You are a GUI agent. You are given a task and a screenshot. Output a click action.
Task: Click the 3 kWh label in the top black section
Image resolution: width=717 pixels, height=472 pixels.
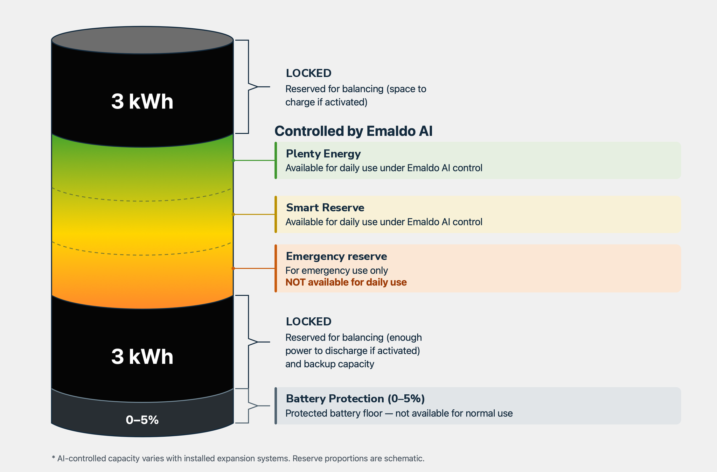tap(142, 101)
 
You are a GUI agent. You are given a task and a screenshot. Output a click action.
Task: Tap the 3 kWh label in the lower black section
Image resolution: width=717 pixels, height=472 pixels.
tap(142, 357)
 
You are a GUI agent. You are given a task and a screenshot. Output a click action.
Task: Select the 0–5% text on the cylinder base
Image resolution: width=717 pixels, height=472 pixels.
tap(142, 420)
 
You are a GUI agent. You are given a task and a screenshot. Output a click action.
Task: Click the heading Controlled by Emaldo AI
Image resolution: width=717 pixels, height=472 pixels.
tap(354, 131)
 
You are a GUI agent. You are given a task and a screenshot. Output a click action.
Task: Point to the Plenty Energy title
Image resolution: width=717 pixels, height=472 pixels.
tap(323, 154)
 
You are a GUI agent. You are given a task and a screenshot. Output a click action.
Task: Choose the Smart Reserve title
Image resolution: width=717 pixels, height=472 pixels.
tap(325, 207)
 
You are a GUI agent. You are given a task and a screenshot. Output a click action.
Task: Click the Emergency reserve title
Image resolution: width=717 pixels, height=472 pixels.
tap(336, 256)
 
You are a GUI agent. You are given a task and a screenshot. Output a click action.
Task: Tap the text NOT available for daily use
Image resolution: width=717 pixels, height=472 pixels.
tap(346, 282)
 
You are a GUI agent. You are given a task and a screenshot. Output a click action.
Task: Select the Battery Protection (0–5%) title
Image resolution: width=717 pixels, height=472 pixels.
tap(355, 399)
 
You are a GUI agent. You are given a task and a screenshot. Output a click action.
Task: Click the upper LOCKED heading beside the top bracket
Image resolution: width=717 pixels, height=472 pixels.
tap(308, 73)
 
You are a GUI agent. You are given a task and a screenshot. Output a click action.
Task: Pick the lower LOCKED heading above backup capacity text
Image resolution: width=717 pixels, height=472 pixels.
tap(308, 322)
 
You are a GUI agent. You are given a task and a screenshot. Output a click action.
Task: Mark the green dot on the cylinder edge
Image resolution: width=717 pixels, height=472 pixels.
tap(233, 160)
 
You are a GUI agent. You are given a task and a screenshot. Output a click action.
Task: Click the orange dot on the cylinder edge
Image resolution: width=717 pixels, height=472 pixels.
tap(233, 268)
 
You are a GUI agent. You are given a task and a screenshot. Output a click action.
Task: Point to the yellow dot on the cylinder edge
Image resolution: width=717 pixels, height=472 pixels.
tap(233, 214)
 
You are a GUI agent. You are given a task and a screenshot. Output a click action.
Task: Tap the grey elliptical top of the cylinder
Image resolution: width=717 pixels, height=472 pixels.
tap(142, 40)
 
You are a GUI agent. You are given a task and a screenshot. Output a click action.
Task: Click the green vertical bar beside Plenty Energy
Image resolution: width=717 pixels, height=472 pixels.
tap(276, 160)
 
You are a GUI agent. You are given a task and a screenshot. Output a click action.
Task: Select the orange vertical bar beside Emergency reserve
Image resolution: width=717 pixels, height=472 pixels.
tap(276, 268)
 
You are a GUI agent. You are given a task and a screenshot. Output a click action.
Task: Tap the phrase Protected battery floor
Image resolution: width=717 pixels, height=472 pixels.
tap(334, 414)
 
